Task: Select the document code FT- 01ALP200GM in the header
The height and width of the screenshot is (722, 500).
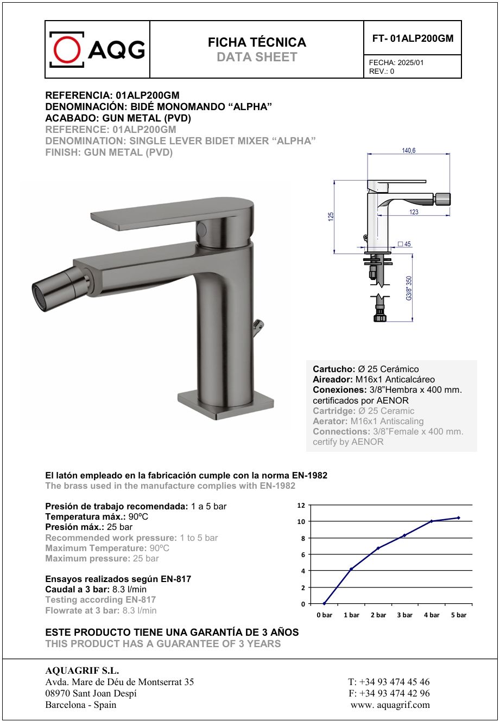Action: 413,39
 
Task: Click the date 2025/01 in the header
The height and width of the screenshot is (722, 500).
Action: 410,62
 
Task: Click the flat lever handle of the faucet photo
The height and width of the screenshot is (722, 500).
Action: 168,214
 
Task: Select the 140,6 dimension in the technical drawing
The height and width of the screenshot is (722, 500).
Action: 409,150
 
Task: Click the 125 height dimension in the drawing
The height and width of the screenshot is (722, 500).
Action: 331,216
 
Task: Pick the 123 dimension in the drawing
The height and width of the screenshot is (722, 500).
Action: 414,212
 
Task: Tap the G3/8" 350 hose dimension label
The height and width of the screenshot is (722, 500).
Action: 409,287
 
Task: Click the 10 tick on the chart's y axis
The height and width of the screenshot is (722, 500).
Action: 301,521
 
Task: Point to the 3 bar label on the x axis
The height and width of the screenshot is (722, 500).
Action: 404,615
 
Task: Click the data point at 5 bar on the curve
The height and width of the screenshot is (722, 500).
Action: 458,517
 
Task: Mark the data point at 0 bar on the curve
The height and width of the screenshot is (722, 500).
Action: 324,603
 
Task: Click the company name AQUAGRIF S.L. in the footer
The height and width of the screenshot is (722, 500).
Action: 82,671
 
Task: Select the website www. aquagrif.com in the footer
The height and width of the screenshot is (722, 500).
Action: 390,705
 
